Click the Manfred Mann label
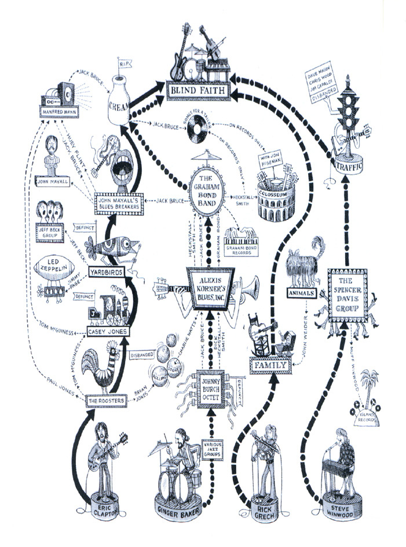tap(59, 111)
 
